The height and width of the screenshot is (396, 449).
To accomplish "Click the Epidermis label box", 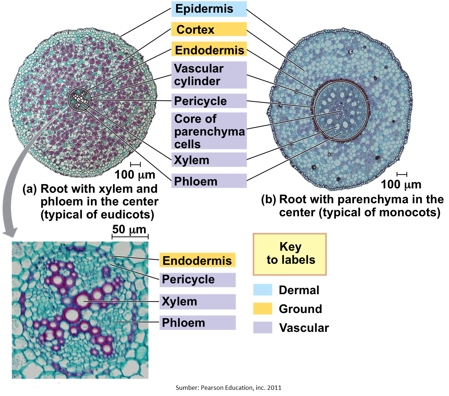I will [x=209, y=9].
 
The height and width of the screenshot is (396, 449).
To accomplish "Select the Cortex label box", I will [x=209, y=29].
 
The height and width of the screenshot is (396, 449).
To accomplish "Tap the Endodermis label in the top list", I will [x=209, y=50].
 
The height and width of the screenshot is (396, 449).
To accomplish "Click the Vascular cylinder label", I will [x=209, y=75].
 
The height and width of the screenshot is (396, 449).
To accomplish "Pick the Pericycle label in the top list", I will [x=209, y=101].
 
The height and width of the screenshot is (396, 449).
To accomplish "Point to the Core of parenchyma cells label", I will [x=209, y=131].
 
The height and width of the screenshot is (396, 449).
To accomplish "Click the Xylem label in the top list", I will [x=209, y=160].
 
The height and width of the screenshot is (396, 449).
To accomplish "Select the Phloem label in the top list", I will [x=209, y=181].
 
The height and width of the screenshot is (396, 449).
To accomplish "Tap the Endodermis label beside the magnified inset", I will [x=197, y=260].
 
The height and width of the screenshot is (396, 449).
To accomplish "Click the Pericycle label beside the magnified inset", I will [x=197, y=280].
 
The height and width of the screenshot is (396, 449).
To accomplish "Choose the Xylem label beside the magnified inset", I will [x=197, y=301].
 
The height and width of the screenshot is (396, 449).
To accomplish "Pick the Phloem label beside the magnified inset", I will [x=197, y=322].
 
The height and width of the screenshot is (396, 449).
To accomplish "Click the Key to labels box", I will [x=290, y=254].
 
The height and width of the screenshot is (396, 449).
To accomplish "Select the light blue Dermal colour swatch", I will [x=262, y=290].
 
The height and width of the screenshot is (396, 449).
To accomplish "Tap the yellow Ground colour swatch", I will [x=262, y=309].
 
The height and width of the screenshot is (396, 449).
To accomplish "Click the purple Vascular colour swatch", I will [x=262, y=328].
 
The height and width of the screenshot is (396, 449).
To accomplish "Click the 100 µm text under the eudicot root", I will [x=134, y=175].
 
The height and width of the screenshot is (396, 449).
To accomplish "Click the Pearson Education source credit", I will [x=228, y=388].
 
